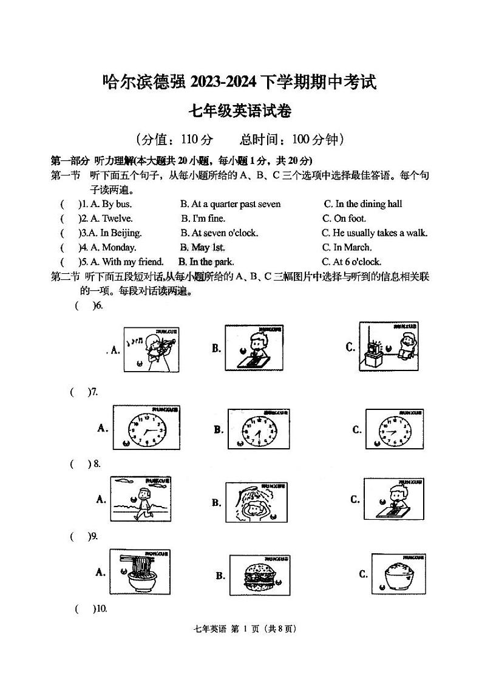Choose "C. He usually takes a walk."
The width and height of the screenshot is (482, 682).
pyautogui.click(x=375, y=233)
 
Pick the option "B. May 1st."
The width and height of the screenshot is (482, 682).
pyautogui.click(x=202, y=248)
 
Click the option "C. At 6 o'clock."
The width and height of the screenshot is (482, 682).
pyautogui.click(x=351, y=262)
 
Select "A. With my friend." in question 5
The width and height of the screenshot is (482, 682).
pyautogui.click(x=127, y=262)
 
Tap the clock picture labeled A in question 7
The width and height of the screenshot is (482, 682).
pyautogui.click(x=146, y=429)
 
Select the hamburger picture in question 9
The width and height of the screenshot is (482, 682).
pyautogui.click(x=257, y=575)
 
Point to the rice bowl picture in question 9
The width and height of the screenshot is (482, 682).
pyautogui.click(x=398, y=574)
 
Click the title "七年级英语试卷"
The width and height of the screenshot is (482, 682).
pyautogui.click(x=240, y=111)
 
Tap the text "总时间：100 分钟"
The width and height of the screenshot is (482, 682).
pyautogui.click(x=292, y=140)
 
